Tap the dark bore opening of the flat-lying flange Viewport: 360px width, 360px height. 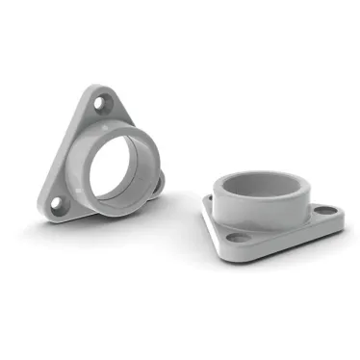(260, 183)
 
